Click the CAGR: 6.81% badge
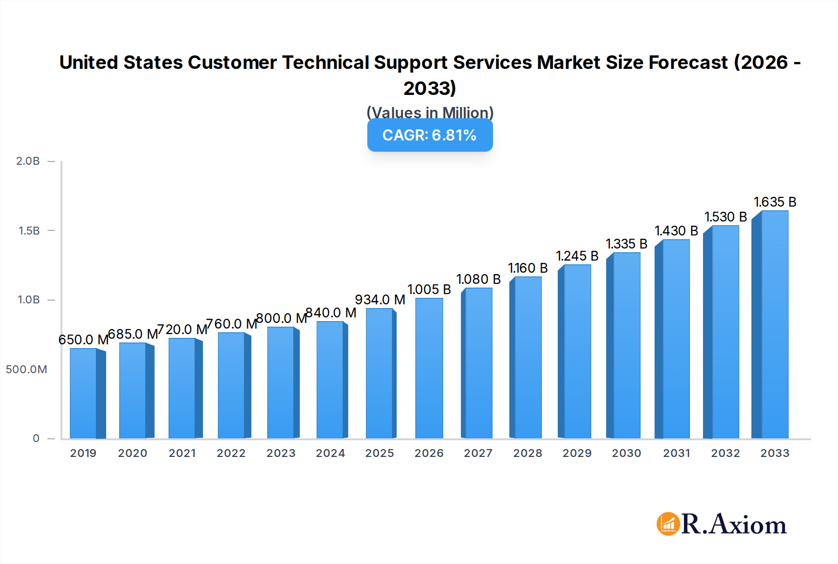tap(430, 135)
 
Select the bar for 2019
tap(84, 393)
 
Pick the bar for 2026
tap(429, 368)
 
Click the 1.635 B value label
tap(775, 202)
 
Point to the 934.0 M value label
tap(380, 300)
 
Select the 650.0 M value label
tap(83, 340)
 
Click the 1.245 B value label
tap(577, 256)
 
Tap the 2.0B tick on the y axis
tap(28, 161)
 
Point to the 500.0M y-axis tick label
tap(27, 369)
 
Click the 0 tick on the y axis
tap(36, 438)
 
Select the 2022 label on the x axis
tap(231, 453)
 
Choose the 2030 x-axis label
tap(626, 453)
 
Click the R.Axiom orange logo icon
tap(668, 524)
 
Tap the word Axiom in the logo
tap(748, 525)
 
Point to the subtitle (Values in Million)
tap(430, 113)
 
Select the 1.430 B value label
tap(676, 231)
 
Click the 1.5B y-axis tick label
tap(29, 231)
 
